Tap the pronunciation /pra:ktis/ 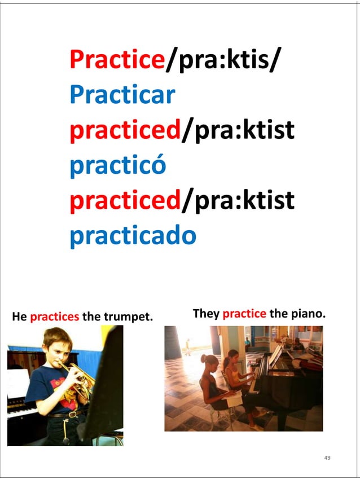click(222, 60)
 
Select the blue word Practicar click(122, 95)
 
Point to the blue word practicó click(117, 166)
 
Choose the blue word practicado click(133, 237)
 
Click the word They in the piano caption click(206, 313)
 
